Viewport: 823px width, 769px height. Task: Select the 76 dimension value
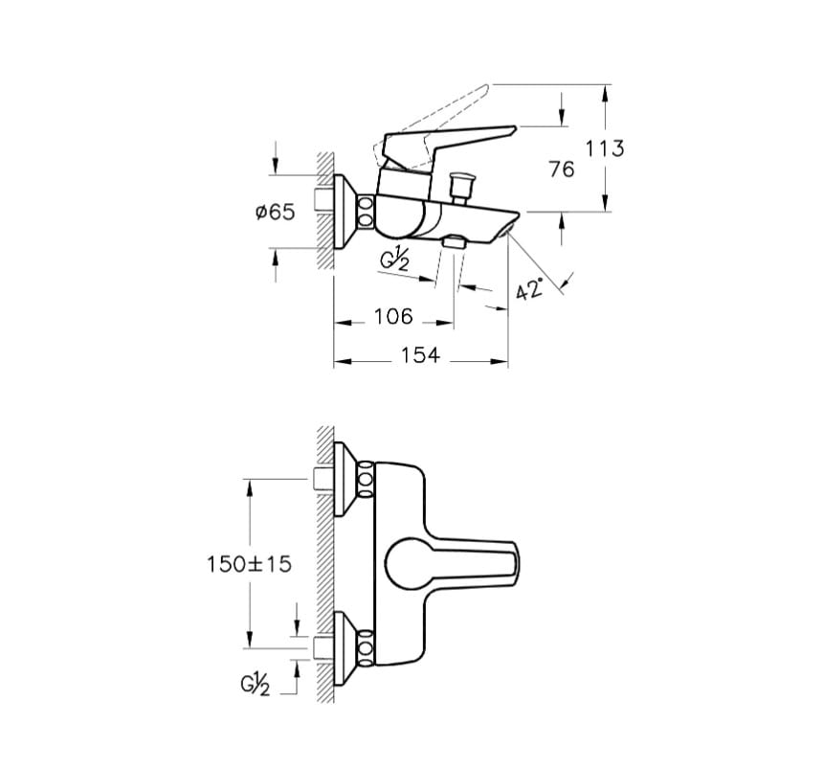564,170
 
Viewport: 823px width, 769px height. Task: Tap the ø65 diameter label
276,213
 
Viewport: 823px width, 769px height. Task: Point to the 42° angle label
528,288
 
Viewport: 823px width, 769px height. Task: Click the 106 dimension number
392,317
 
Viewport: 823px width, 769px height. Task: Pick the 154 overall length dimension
419,356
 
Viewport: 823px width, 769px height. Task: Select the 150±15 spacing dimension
249,564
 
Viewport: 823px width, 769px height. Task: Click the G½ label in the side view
394,260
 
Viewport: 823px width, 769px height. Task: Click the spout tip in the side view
512,222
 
